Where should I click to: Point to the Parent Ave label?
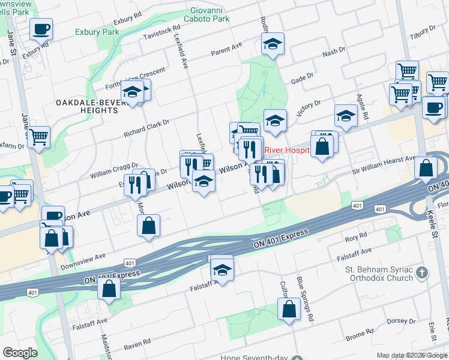226,49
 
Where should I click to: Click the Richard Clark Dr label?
146,126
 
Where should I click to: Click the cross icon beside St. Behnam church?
423,273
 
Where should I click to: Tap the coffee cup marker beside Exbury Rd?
41,29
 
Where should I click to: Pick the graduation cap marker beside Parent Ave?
273,44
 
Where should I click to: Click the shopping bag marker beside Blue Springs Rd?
289,310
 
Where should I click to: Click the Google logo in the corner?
20,353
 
